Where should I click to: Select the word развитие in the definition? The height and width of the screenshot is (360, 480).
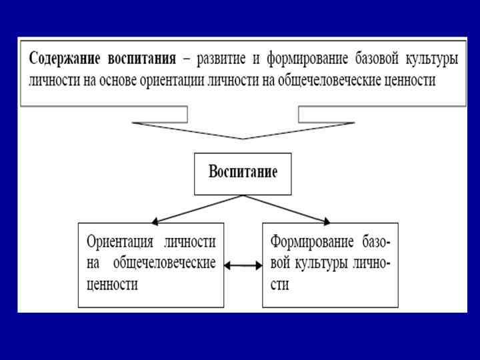[221, 58]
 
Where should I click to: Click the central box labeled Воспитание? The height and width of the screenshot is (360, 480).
[243, 173]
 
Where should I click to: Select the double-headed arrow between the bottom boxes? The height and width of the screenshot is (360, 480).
[243, 265]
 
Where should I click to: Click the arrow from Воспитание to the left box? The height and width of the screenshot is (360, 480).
[197, 209]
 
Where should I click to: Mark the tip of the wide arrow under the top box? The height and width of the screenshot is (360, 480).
[243, 137]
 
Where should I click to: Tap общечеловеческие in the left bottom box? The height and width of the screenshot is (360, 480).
[164, 263]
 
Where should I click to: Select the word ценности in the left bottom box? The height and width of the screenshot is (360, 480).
[112, 284]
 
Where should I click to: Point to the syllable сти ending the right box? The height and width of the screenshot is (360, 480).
[279, 284]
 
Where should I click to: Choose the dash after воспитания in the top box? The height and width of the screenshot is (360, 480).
[186, 59]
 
